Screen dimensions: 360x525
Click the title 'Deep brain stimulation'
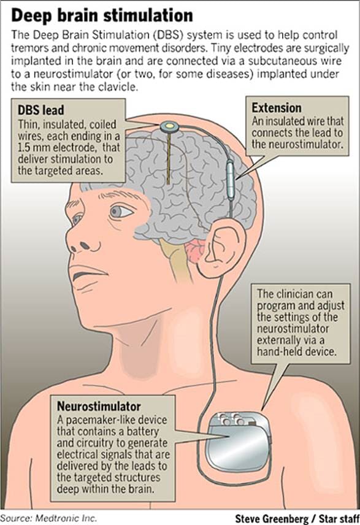(102, 15)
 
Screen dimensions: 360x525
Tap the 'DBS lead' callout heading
(40, 110)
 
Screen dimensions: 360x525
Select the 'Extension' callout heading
(276, 108)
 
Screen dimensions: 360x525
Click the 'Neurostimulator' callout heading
(99, 406)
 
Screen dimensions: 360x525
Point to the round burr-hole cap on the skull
(169, 126)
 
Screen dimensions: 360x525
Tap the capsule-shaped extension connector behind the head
(231, 180)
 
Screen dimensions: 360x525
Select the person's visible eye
(121, 212)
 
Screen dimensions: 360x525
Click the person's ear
(221, 248)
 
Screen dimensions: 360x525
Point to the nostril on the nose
(85, 247)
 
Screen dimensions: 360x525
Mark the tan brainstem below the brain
(176, 260)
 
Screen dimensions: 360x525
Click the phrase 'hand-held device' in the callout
(296, 351)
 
